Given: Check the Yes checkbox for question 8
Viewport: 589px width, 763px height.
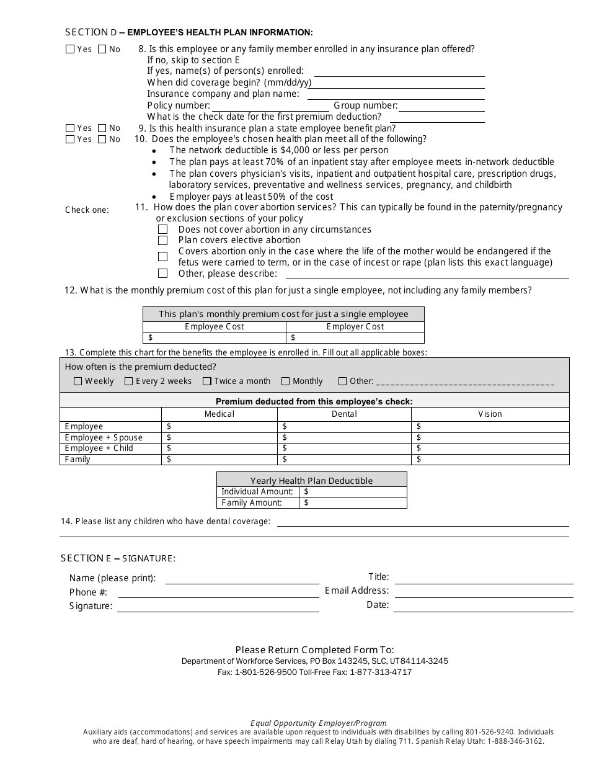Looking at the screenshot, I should [70, 49].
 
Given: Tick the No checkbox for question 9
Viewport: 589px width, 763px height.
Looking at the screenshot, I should [102, 128].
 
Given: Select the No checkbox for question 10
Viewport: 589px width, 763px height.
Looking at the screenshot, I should [102, 140].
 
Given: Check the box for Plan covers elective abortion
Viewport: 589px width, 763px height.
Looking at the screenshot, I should [162, 240].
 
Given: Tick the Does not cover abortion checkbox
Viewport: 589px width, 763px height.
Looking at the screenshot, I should [162, 230].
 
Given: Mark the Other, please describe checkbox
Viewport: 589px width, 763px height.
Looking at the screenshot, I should [162, 274].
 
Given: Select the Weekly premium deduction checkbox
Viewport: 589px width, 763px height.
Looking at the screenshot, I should [78, 381].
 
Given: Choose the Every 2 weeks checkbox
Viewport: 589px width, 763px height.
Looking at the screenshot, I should [129, 381].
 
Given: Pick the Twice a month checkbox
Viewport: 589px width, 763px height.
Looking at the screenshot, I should [208, 381].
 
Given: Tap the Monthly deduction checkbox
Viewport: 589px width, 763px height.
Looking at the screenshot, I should [286, 381].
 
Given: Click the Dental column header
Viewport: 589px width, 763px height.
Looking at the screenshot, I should [344, 414].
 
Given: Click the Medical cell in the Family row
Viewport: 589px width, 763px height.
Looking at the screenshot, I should [219, 460].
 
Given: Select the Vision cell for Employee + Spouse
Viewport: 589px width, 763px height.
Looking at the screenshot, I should [490, 437].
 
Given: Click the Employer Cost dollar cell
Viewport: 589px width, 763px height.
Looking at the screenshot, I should [355, 338].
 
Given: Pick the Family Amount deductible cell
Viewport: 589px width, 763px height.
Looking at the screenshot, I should [353, 502].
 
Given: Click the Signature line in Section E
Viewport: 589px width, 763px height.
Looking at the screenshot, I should [218, 607].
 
